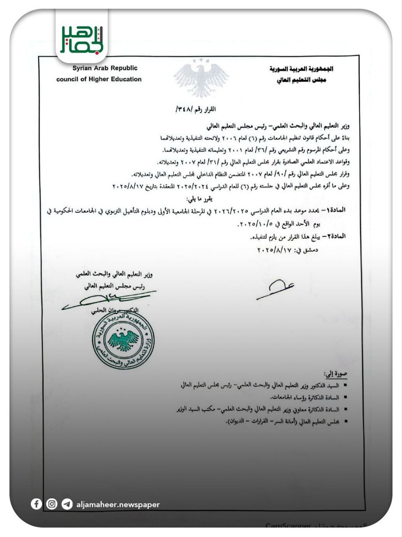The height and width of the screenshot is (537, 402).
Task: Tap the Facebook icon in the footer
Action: pos(36,504)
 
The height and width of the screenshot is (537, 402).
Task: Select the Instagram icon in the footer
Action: pos(52,504)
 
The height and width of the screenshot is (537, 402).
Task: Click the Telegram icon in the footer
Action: pos(67,504)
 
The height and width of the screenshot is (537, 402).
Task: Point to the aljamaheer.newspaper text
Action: pos(118,505)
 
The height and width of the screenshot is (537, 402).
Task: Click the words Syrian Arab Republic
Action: pos(105,68)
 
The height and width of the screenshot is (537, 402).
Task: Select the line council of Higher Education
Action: pos(99,79)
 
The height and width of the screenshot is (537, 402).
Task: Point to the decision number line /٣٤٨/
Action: pos(195,109)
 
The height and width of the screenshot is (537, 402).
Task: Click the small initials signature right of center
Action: pos(275,289)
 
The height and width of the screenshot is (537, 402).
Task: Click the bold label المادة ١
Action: pos(335,209)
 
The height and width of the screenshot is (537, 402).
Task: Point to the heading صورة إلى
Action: pos(335,373)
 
